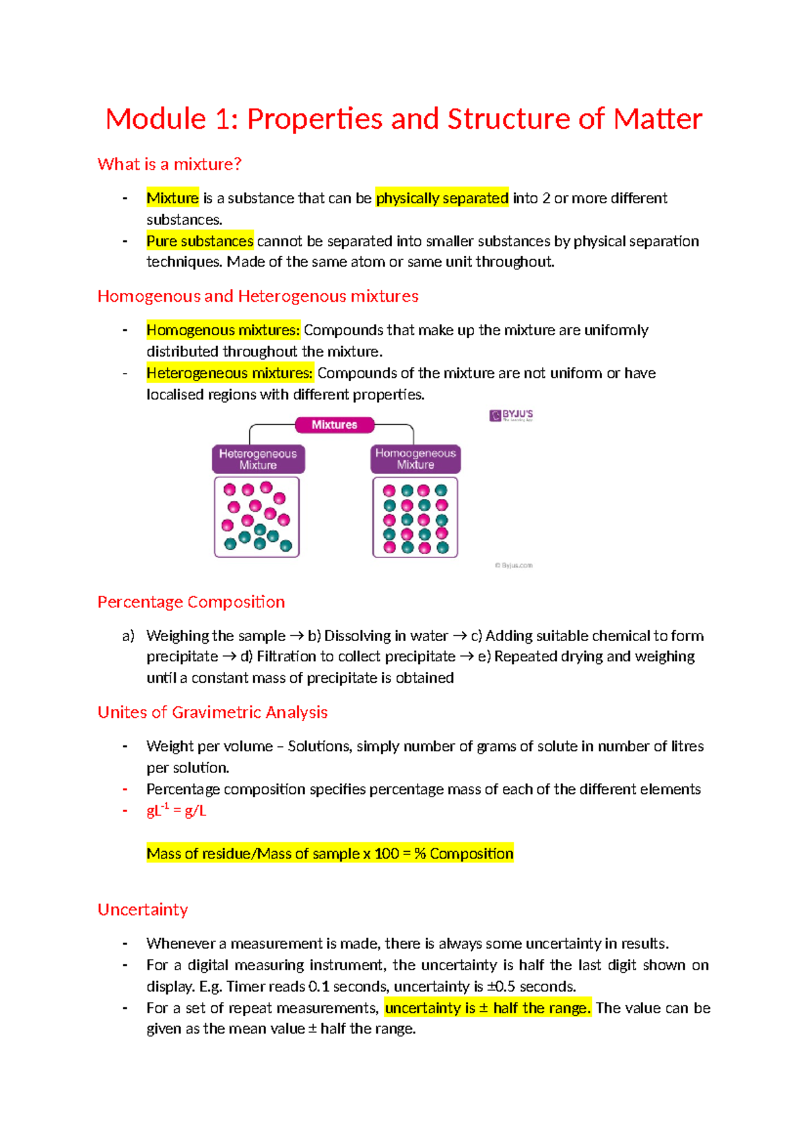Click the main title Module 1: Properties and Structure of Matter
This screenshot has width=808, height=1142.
coord(404,119)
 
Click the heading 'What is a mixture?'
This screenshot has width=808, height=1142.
coord(169,164)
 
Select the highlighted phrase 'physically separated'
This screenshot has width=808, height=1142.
coord(442,198)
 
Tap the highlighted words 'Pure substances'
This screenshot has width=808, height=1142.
coord(200,241)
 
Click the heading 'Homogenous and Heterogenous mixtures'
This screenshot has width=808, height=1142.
coord(258,296)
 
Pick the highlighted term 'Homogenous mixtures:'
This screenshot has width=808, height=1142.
coord(223,330)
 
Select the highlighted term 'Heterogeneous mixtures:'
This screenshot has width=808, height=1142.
coord(230,373)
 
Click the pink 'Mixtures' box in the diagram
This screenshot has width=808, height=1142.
coord(335,425)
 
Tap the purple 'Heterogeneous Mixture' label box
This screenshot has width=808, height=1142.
coord(258,459)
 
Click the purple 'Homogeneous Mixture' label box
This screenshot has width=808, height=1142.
coord(415,459)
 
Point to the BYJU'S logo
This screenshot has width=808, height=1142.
coord(511,415)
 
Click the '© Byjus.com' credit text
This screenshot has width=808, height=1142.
coord(514,566)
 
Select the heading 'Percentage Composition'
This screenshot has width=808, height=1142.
coord(191,602)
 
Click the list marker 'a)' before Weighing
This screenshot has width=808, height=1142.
coord(128,636)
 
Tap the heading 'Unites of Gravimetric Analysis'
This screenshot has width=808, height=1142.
coord(213,712)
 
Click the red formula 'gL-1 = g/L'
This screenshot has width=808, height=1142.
coord(176,811)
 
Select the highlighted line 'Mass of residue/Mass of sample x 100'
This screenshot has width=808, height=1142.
coord(330,854)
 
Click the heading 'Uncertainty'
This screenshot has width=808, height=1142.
coord(143,910)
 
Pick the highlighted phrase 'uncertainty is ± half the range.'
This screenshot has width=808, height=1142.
coord(487,1008)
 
